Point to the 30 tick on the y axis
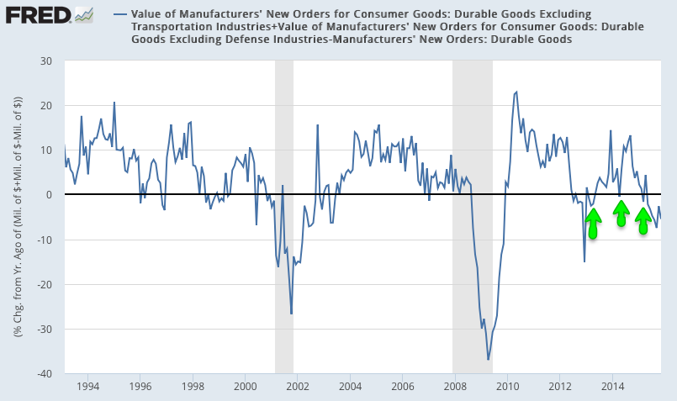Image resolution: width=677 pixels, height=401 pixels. (x=47, y=61)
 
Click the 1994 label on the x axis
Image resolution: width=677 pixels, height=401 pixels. (x=87, y=387)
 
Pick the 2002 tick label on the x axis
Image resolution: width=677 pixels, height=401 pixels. (x=298, y=387)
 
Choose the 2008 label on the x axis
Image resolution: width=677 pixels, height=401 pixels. (x=455, y=387)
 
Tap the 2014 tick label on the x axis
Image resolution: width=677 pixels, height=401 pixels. (x=612, y=387)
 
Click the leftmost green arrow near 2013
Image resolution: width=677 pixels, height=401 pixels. (x=593, y=224)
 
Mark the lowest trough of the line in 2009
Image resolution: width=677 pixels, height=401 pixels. (x=489, y=360)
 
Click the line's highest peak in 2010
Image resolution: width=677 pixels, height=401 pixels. (x=516, y=92)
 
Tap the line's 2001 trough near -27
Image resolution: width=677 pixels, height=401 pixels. (x=291, y=314)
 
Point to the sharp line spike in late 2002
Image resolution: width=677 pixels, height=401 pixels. (x=317, y=125)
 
